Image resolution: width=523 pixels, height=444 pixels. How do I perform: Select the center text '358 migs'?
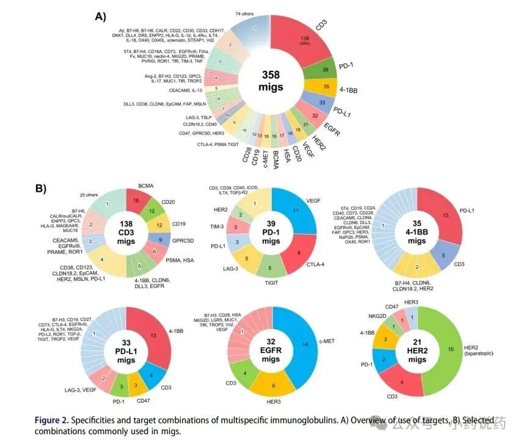click(x=271, y=81)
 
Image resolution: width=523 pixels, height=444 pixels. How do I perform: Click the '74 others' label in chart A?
click(x=244, y=14)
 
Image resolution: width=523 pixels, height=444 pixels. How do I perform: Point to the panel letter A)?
click(x=101, y=16)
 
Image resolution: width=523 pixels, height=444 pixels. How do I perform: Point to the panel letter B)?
click(x=40, y=189)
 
